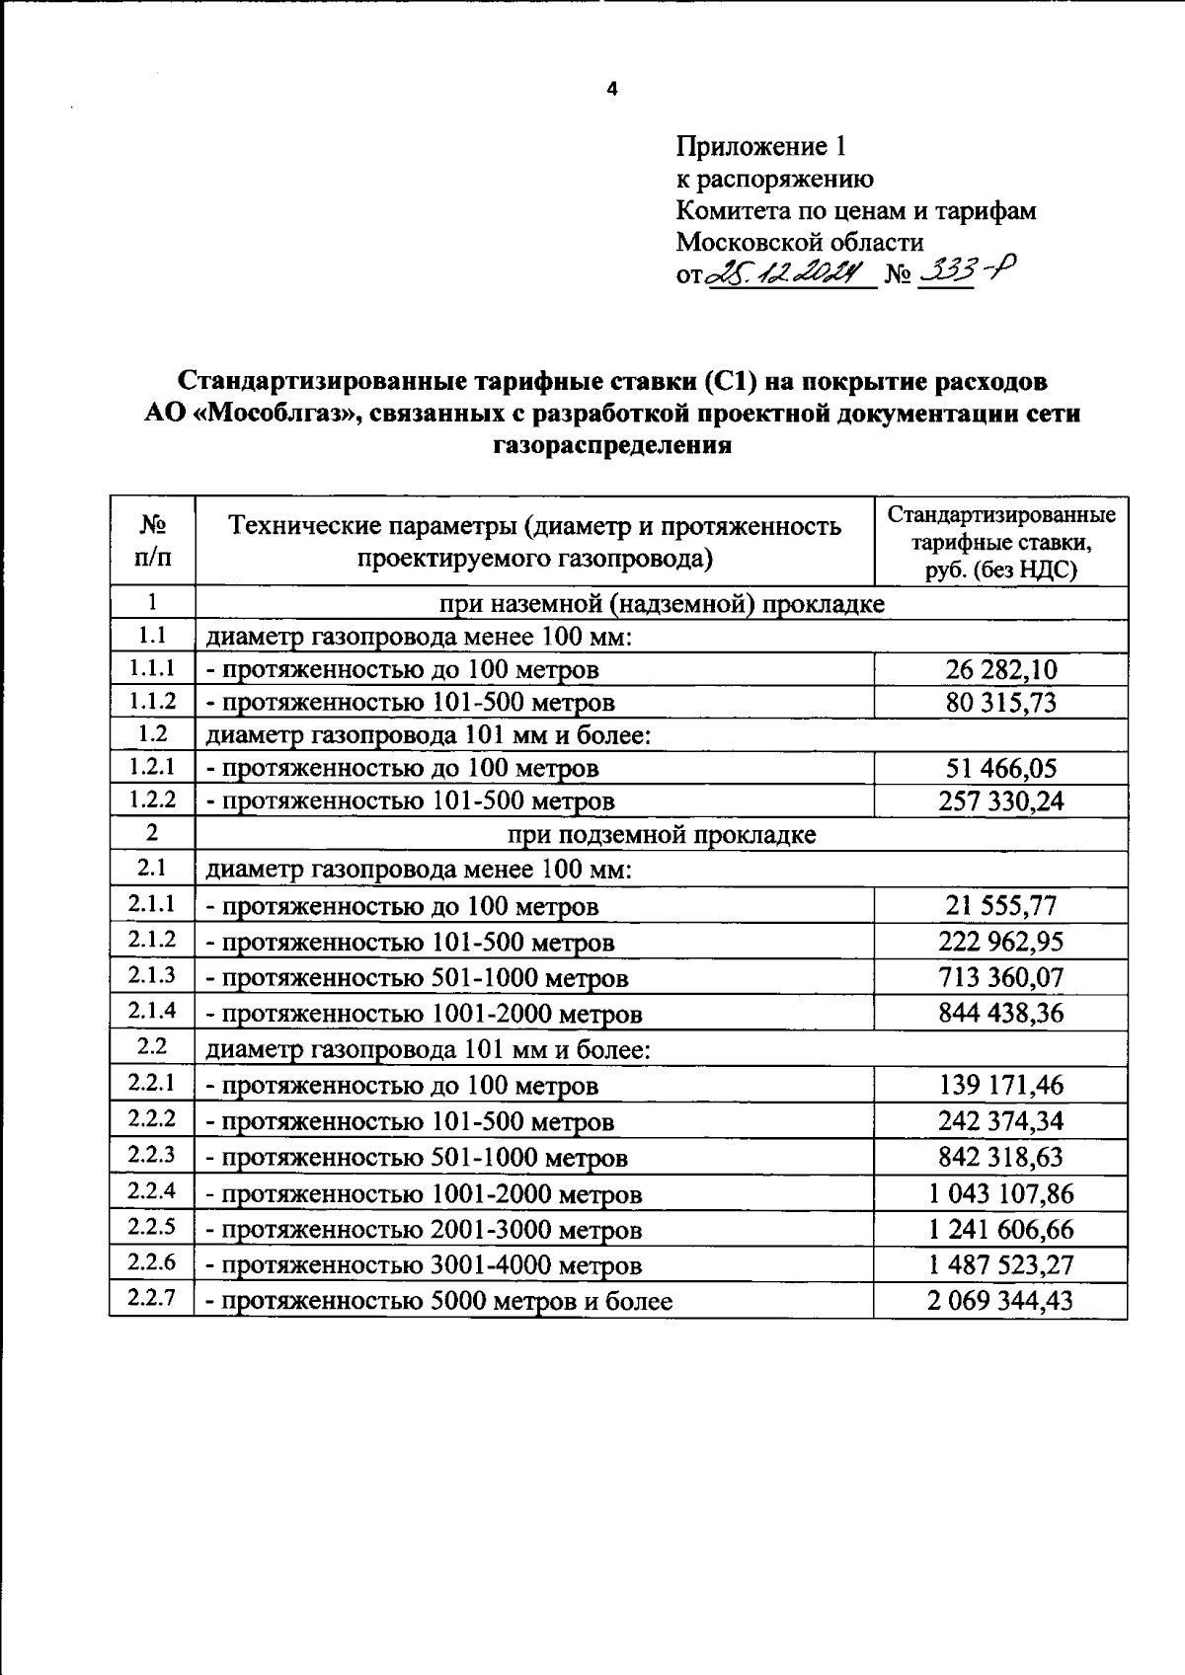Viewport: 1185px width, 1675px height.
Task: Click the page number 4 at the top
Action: click(x=611, y=90)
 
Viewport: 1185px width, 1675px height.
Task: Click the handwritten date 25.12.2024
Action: click(x=788, y=273)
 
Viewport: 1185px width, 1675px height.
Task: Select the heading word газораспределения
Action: click(x=611, y=445)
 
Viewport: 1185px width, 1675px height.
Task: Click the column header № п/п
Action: click(x=152, y=541)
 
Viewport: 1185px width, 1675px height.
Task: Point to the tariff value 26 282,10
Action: click(x=1000, y=669)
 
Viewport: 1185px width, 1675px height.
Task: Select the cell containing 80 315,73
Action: click(x=1000, y=703)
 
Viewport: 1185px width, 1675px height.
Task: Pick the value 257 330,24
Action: click(x=1000, y=800)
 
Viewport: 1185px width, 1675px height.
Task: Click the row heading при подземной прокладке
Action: click(x=661, y=835)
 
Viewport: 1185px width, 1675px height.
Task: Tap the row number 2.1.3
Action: click(x=152, y=975)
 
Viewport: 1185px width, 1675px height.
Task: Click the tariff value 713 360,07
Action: click(x=1000, y=977)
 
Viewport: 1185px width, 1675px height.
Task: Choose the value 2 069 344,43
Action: click(x=999, y=1300)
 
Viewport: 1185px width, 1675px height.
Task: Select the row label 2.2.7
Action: click(x=152, y=1298)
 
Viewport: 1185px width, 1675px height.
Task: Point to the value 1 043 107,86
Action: click(x=1000, y=1193)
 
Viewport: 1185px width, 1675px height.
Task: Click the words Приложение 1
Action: click(x=760, y=147)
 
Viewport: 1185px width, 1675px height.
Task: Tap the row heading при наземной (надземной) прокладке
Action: click(x=661, y=603)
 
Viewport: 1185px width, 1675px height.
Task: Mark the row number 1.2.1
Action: click(x=152, y=766)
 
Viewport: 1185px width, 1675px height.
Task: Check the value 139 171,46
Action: click(x=1000, y=1085)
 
